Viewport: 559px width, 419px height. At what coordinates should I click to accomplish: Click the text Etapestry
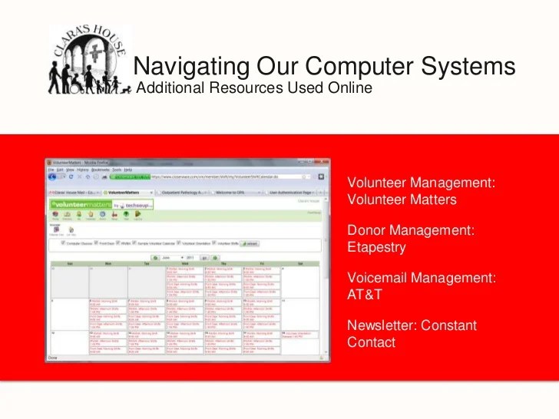click(376, 247)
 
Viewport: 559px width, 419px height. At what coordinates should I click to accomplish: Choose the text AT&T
click(365, 295)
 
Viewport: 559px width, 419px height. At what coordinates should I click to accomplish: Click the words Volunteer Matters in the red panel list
click(402, 200)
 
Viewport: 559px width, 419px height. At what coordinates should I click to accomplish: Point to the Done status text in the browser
click(54, 358)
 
